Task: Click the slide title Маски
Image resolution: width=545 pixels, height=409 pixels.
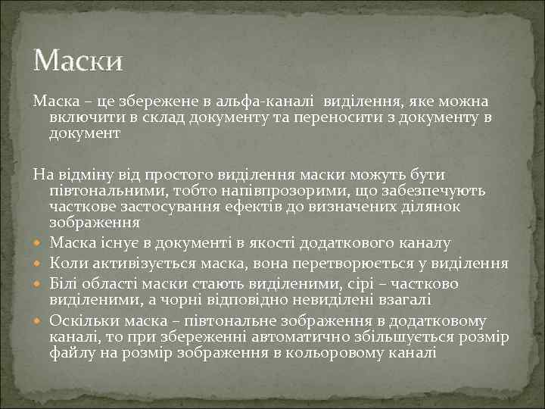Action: click(x=78, y=59)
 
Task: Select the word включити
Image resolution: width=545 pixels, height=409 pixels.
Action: click(x=79, y=117)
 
